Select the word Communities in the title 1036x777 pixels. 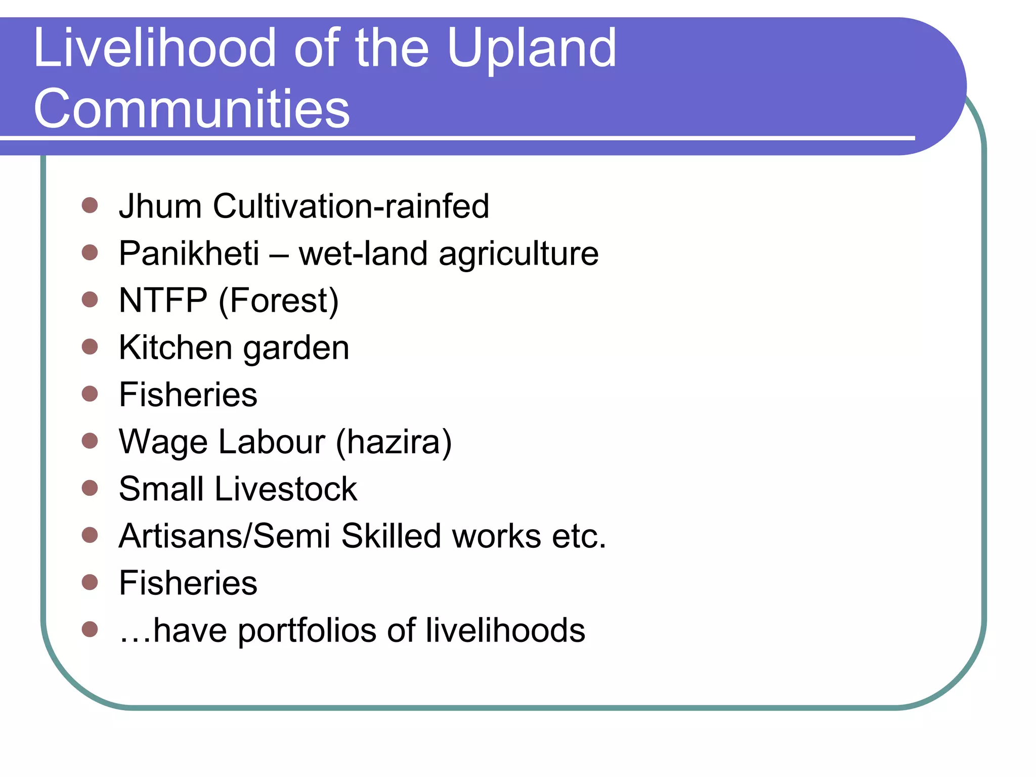pyautogui.click(x=191, y=108)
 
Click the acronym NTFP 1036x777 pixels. pyautogui.click(x=163, y=300)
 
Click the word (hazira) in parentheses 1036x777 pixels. pyautogui.click(x=394, y=442)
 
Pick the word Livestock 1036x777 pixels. pyautogui.click(x=286, y=489)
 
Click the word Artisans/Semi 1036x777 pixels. pyautogui.click(x=225, y=536)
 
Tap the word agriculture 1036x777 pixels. pyautogui.click(x=518, y=254)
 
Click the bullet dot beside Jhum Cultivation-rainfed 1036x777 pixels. pyautogui.click(x=90, y=205)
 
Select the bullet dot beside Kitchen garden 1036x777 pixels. pyautogui.click(x=90, y=347)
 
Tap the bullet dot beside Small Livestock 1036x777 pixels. pyautogui.click(x=90, y=488)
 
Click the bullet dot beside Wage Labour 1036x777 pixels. pyautogui.click(x=90, y=441)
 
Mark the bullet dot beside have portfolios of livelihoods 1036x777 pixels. pyautogui.click(x=90, y=629)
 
